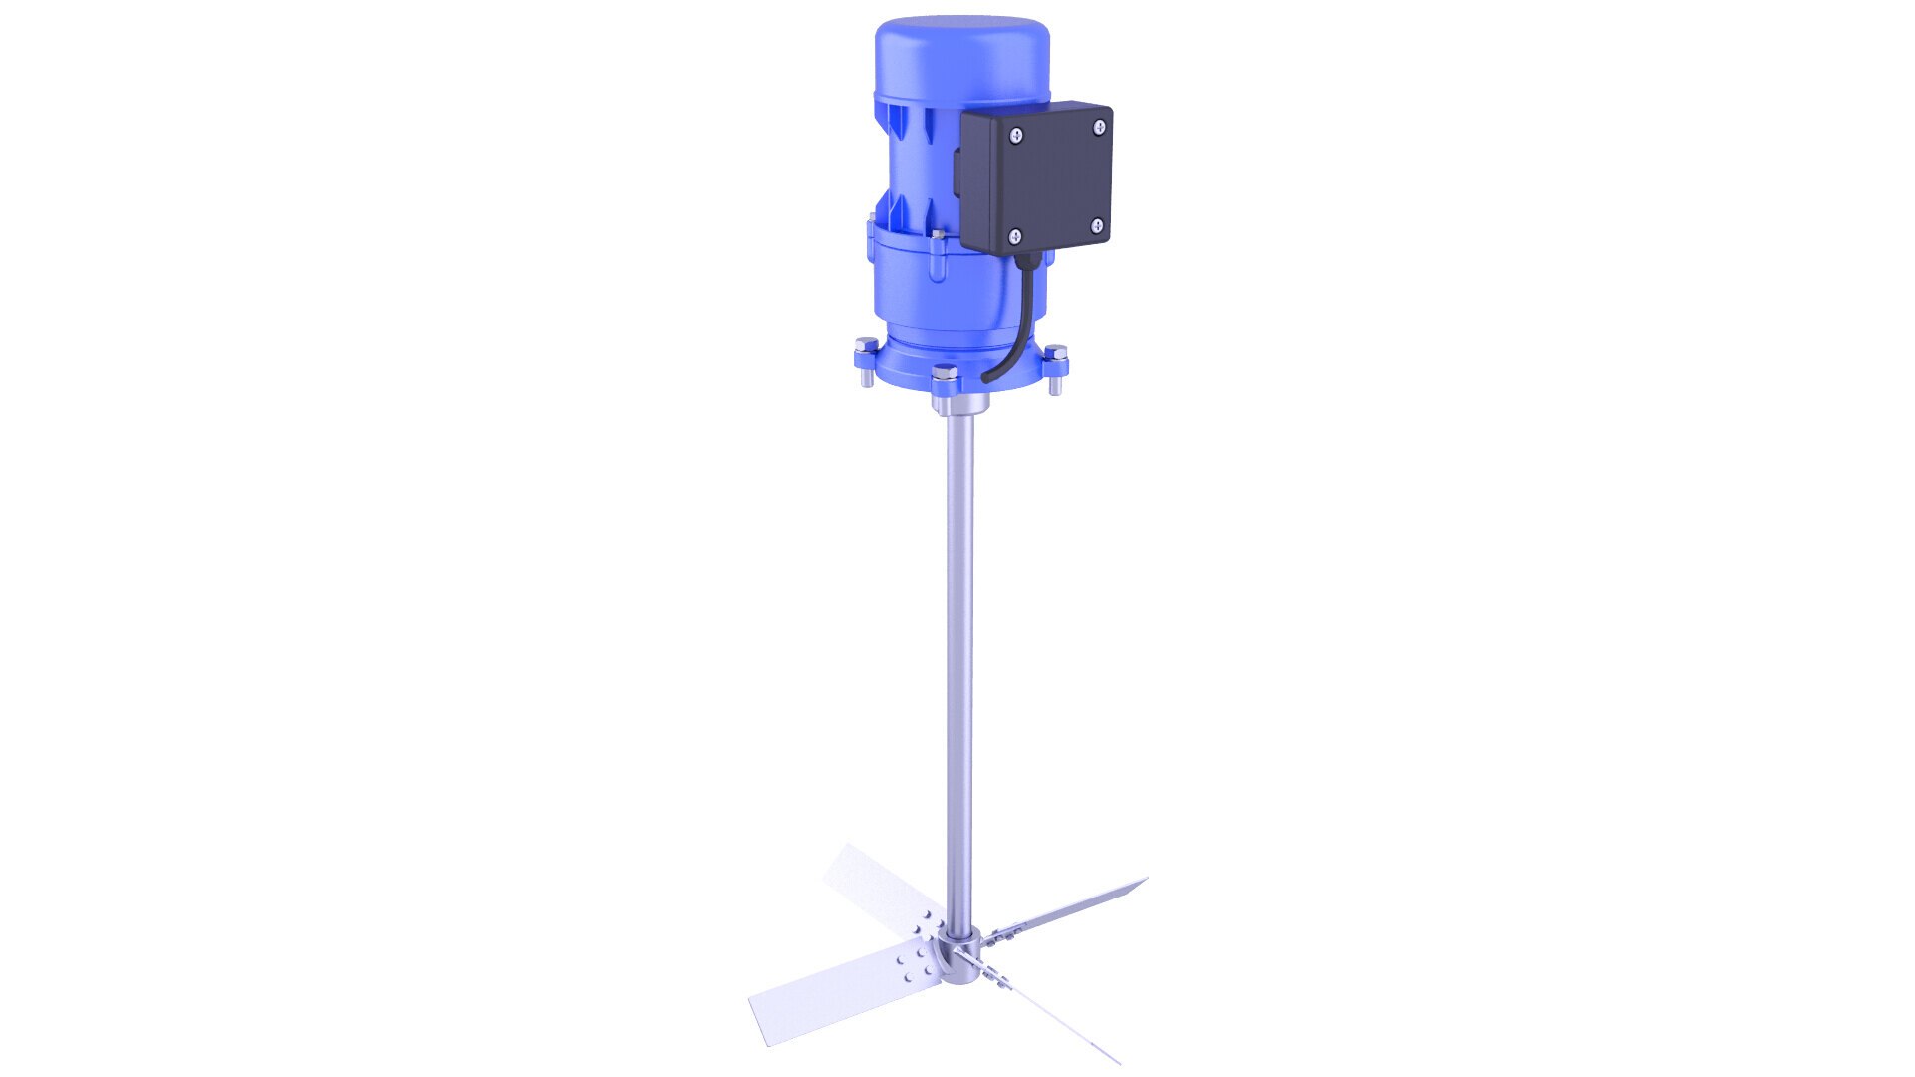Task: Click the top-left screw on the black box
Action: (x=1015, y=136)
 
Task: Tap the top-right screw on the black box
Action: (x=1099, y=127)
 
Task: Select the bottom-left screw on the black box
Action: (x=1015, y=236)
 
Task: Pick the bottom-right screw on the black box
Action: (x=1097, y=226)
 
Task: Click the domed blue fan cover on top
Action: (x=961, y=55)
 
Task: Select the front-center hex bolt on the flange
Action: (x=944, y=378)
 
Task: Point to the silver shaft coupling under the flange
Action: (x=959, y=404)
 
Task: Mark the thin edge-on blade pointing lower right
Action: (x=1057, y=1022)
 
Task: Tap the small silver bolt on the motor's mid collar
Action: (x=937, y=237)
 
